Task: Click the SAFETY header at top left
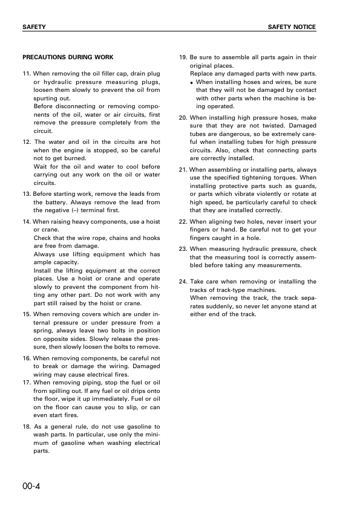pyautogui.click(x=34, y=28)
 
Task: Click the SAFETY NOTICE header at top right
pyautogui.click(x=292, y=28)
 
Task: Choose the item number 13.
pyautogui.click(x=27, y=193)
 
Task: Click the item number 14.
pyautogui.click(x=27, y=222)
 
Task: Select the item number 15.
pyautogui.click(x=27, y=314)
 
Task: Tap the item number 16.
pyautogui.click(x=27, y=358)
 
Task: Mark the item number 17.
pyautogui.click(x=27, y=383)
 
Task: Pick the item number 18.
pyautogui.click(x=27, y=426)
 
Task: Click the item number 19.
pyautogui.click(x=184, y=58)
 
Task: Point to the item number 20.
pyautogui.click(x=184, y=118)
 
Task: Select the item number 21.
pyautogui.click(x=184, y=170)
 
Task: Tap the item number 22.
pyautogui.click(x=184, y=222)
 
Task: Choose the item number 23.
pyautogui.click(x=184, y=249)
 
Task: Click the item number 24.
pyautogui.click(x=184, y=282)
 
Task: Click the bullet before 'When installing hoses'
pyautogui.click(x=191, y=82)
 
